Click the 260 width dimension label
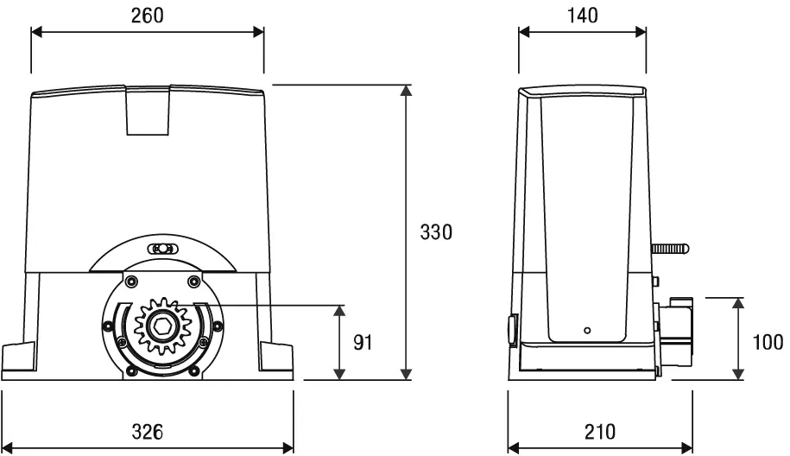(146, 15)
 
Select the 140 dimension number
(581, 15)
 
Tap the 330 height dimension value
(436, 232)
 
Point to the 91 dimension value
(363, 342)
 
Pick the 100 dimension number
(768, 342)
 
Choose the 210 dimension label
(599, 431)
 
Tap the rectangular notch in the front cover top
(149, 112)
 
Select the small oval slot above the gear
(161, 249)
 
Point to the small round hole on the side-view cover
(586, 330)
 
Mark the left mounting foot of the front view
(19, 358)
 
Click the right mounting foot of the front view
(277, 358)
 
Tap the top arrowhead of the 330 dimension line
(406, 91)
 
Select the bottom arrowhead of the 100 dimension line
(737, 373)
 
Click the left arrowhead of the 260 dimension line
(36, 32)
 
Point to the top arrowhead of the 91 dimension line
(340, 309)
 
